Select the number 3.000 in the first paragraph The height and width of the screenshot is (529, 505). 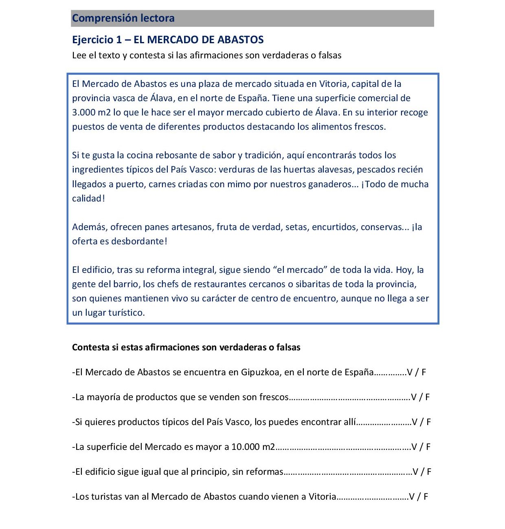[83, 113]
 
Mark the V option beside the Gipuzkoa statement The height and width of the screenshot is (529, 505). [409, 372]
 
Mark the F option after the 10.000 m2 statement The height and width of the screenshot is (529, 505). [428, 447]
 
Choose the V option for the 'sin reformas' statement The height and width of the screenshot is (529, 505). [415, 472]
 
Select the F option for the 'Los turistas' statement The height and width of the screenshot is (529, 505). [426, 497]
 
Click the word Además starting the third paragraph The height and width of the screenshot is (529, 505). [90, 227]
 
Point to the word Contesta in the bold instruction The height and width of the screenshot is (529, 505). [90, 348]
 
